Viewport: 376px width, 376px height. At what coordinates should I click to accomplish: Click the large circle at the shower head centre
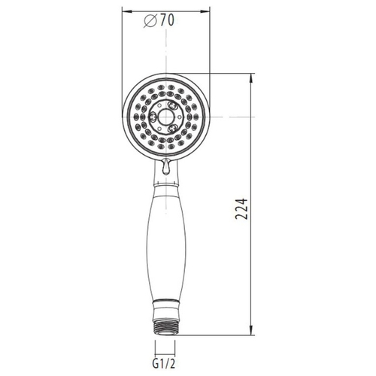click(x=165, y=117)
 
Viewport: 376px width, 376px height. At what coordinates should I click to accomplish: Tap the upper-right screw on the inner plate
click(x=172, y=105)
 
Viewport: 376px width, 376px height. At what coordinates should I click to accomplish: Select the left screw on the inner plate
click(x=153, y=117)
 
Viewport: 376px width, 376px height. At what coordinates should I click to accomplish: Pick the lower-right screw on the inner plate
click(x=172, y=129)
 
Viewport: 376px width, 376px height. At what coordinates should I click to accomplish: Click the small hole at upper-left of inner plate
click(x=159, y=105)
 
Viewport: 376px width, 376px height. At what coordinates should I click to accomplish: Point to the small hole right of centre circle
click(x=179, y=117)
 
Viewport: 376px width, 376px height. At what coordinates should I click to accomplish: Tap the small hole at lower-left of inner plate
click(x=159, y=129)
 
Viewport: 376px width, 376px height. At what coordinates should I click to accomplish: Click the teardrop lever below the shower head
click(x=165, y=166)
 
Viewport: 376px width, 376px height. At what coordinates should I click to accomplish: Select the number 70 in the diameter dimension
click(x=167, y=20)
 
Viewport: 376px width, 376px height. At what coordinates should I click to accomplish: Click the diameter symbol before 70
click(x=150, y=20)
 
